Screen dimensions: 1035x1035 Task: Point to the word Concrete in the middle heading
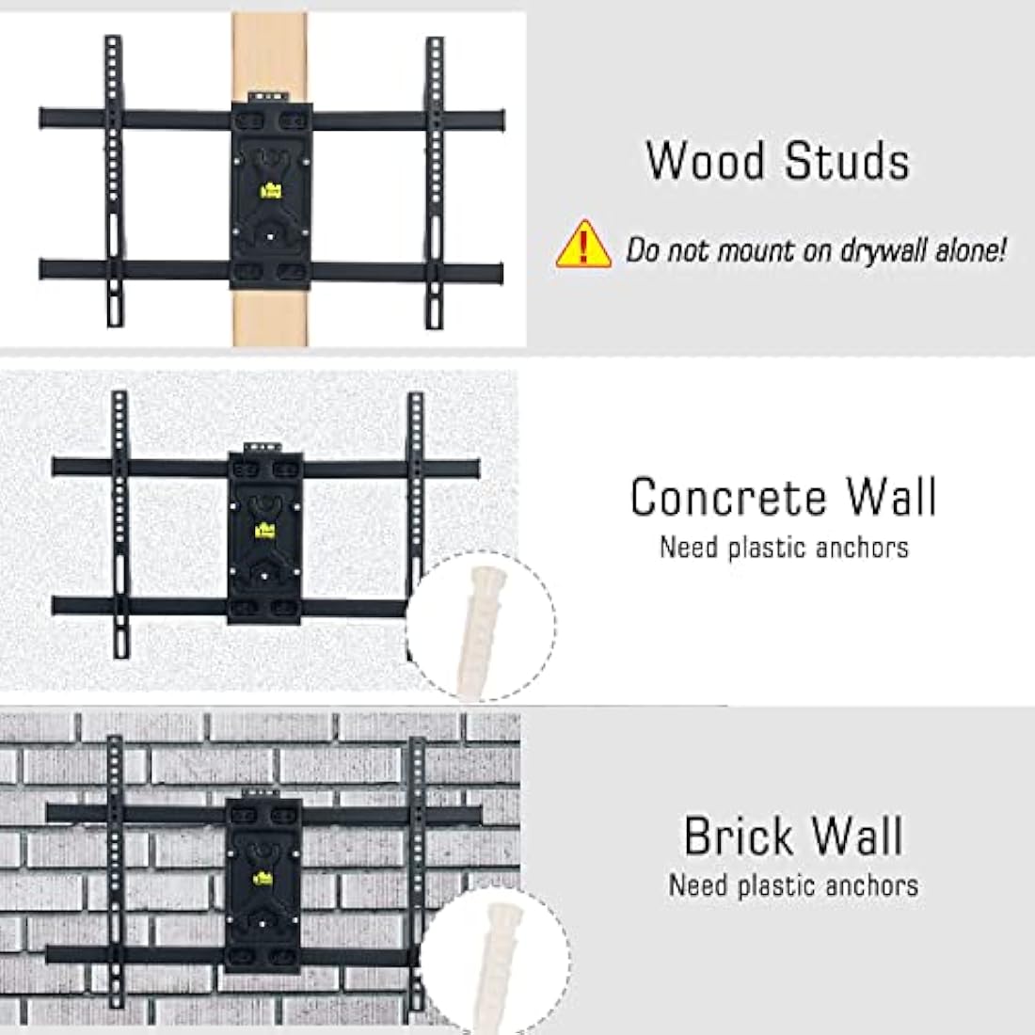[728, 497]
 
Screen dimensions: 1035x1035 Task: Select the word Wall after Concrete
[890, 497]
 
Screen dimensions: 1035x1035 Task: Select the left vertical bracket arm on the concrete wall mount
[119, 527]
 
